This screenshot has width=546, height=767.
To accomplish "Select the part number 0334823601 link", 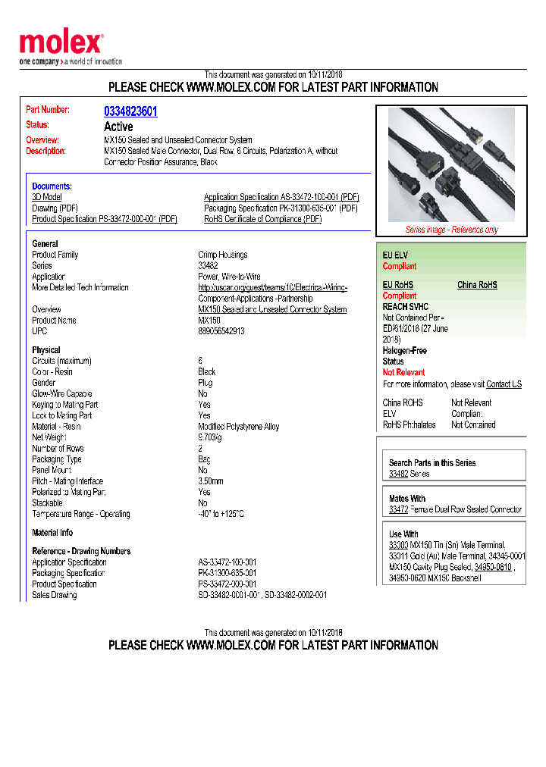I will pyautogui.click(x=130, y=111).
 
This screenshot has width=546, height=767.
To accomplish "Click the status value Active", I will pyautogui.click(x=118, y=127).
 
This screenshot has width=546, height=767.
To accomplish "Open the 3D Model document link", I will pyautogui.click(x=47, y=197).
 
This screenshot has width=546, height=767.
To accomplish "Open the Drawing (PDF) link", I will pyautogui.click(x=55, y=208).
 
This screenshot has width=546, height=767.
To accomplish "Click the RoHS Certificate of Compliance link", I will pyautogui.click(x=262, y=219).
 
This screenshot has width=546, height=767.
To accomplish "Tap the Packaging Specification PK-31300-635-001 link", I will pyautogui.click(x=281, y=208).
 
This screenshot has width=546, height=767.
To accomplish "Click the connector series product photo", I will pyautogui.click(x=451, y=164).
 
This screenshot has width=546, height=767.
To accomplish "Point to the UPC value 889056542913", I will pyautogui.click(x=221, y=331).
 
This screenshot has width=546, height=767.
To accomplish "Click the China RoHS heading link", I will pyautogui.click(x=477, y=285).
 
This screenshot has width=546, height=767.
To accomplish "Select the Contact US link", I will pyautogui.click(x=504, y=384).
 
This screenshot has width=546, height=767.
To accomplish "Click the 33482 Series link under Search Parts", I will pyautogui.click(x=398, y=474).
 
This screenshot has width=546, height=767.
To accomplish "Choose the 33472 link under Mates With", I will pyautogui.click(x=398, y=510).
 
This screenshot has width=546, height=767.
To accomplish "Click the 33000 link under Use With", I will pyautogui.click(x=398, y=545).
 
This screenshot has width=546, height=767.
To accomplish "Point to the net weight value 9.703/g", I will pyautogui.click(x=210, y=437).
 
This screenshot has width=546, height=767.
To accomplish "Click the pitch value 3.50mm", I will pyautogui.click(x=211, y=481).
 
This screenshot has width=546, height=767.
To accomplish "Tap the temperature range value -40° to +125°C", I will pyautogui.click(x=221, y=514).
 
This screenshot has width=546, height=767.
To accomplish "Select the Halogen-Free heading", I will pyautogui.click(x=404, y=351).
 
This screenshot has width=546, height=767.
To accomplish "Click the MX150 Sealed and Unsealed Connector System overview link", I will pyautogui.click(x=272, y=309).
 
